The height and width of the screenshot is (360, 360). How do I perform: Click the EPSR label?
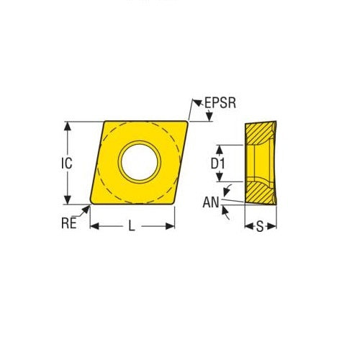(218, 104)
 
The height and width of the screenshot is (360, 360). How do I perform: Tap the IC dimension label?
(66, 163)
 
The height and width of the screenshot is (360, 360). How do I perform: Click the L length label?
(131, 226)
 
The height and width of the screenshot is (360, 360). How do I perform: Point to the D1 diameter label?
(218, 164)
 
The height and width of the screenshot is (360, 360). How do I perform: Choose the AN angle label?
(210, 202)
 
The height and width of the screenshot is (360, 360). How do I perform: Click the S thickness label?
(260, 226)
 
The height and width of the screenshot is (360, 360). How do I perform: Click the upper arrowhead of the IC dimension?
(67, 126)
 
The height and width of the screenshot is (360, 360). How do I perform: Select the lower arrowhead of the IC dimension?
(67, 200)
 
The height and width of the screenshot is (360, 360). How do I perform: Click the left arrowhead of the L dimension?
(94, 226)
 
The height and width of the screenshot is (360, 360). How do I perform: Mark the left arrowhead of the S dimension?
(248, 226)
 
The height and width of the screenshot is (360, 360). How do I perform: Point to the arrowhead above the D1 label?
(218, 148)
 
